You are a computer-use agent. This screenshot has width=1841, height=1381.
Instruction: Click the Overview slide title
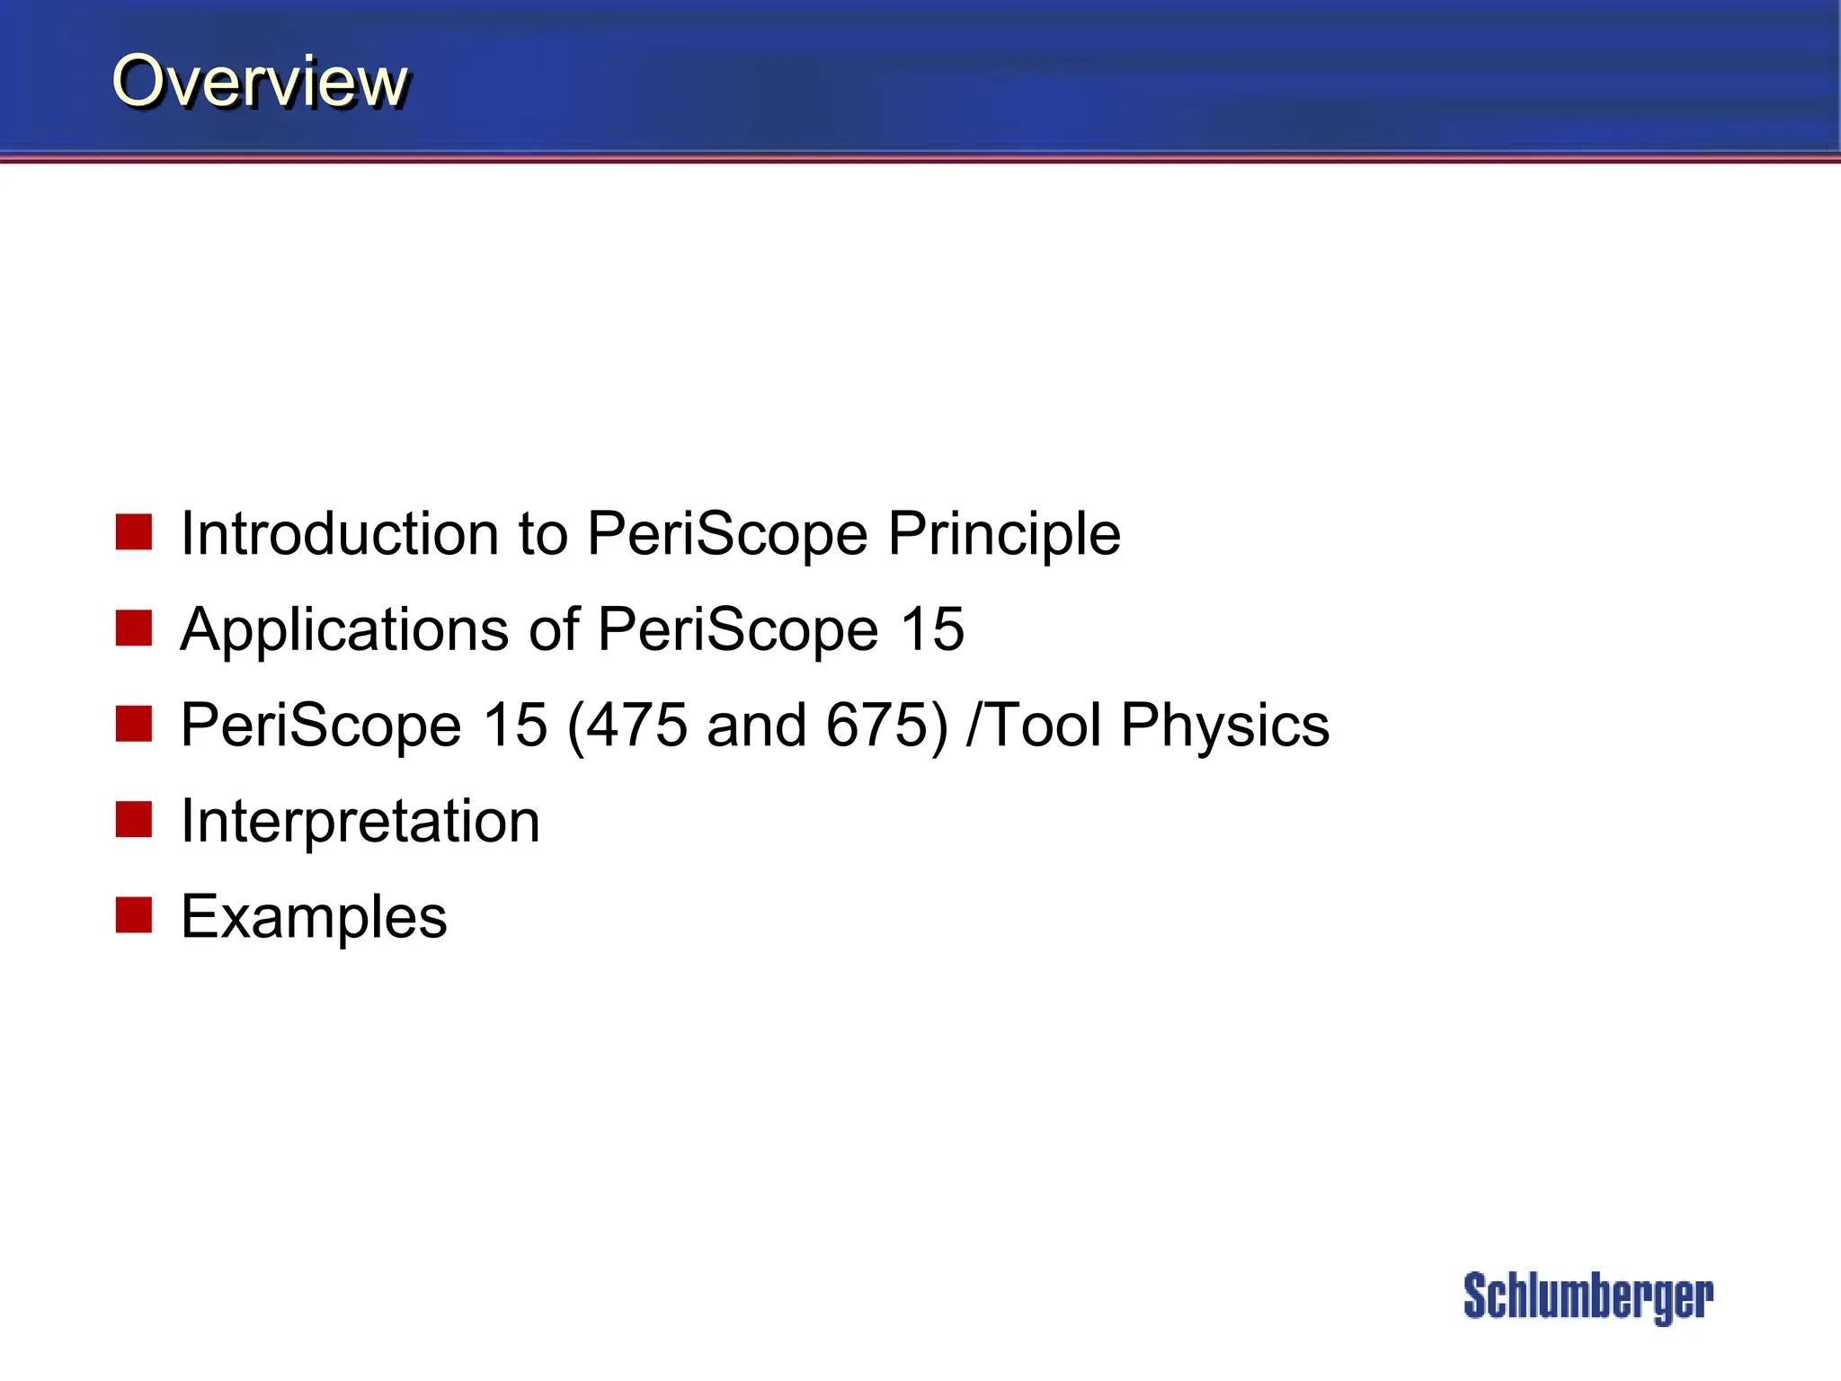[260, 81]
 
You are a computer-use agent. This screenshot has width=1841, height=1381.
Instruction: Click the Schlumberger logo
[1588, 1296]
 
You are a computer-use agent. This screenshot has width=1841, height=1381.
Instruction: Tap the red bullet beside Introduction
[134, 532]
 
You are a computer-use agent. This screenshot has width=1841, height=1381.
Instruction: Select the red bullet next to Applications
[134, 628]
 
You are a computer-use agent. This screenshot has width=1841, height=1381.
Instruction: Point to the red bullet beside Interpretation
[134, 819]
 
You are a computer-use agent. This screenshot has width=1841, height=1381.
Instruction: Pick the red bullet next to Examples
[134, 915]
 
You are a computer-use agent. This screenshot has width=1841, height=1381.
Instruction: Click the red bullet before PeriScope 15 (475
[134, 724]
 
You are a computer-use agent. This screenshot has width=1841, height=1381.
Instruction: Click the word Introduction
[340, 533]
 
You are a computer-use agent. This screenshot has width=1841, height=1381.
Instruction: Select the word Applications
[345, 631]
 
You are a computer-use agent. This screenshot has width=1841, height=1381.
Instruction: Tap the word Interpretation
[360, 823]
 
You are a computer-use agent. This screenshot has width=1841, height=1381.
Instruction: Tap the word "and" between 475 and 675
[756, 725]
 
